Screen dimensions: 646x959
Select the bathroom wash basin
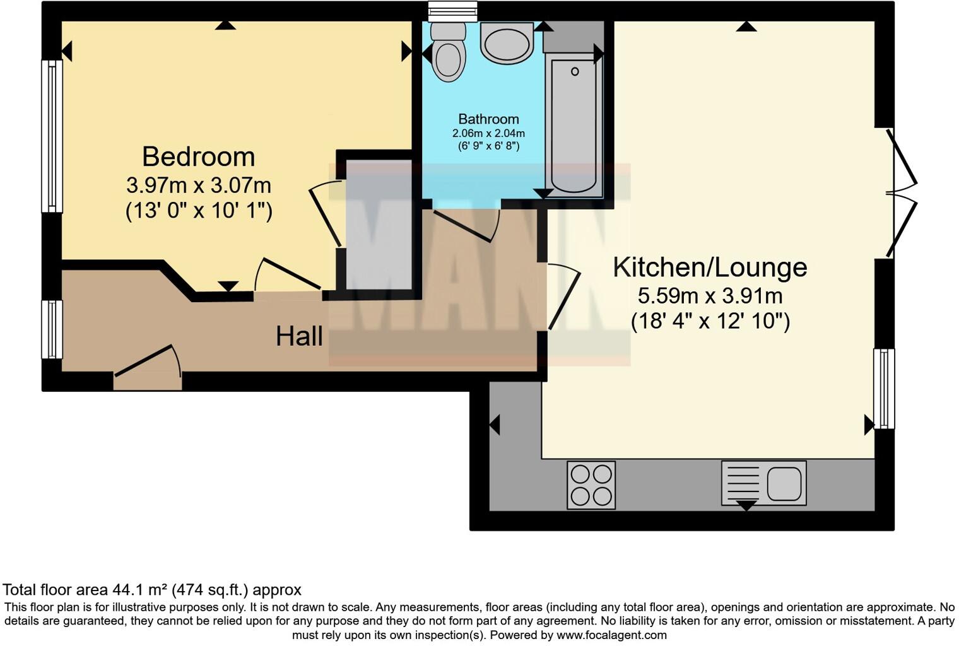pos(507,42)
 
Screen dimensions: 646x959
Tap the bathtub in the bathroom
pos(574,123)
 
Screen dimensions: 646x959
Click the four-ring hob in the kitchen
pos(591,485)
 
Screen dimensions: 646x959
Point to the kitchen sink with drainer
pos(764,483)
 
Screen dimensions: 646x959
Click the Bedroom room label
pos(198,156)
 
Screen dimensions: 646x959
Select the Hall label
pos(299,336)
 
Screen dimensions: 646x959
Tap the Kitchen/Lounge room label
pos(710,267)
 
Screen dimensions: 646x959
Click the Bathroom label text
pos(488,119)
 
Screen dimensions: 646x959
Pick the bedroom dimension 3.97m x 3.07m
pos(199,185)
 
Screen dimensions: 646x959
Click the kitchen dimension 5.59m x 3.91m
pos(710,295)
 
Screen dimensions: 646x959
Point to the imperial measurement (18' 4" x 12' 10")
pos(710,322)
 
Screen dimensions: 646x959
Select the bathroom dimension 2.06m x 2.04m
pos(488,134)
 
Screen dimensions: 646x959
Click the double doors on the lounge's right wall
pos(902,192)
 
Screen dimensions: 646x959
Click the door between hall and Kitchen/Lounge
pos(563,297)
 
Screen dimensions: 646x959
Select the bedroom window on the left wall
pos(52,136)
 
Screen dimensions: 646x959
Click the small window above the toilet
pos(452,11)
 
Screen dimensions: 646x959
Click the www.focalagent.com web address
pos(611,635)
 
